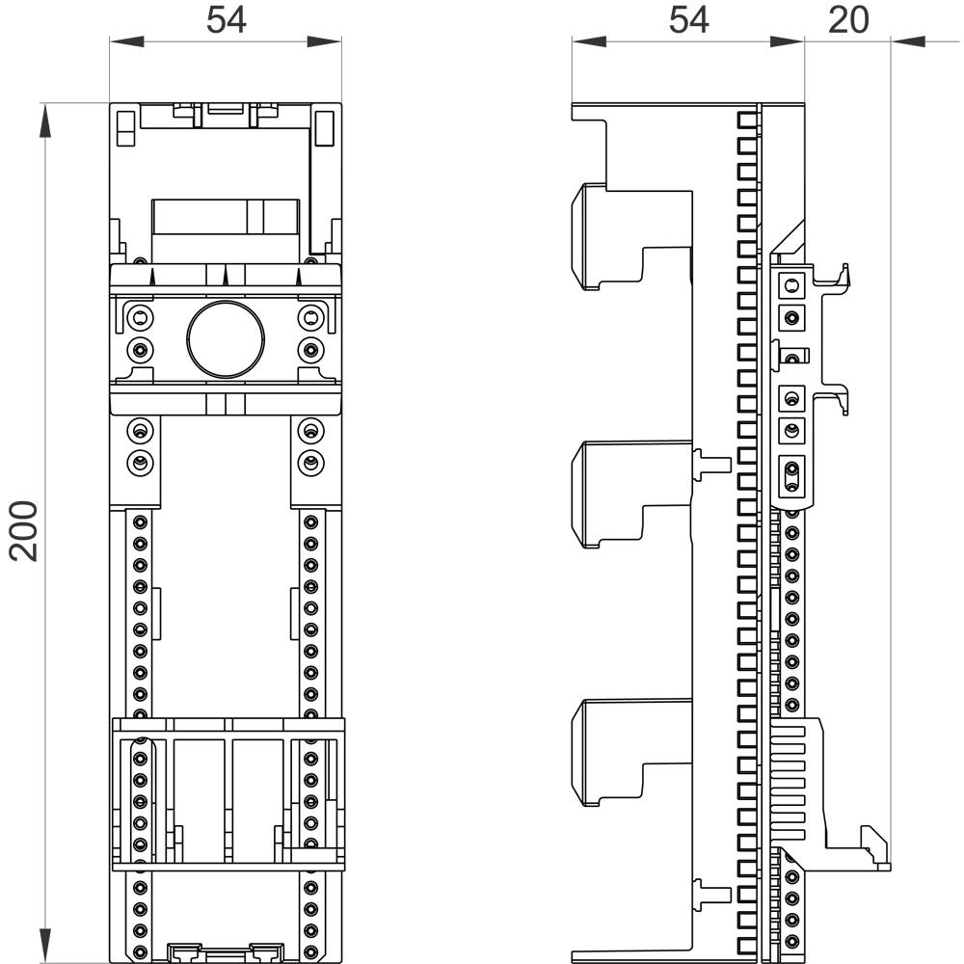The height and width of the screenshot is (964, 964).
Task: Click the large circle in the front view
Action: point(226,337)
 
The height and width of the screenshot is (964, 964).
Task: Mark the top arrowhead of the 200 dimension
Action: point(44,120)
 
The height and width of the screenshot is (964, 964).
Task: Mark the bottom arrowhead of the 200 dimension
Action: point(44,945)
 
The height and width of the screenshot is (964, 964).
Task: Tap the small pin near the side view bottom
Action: point(711,892)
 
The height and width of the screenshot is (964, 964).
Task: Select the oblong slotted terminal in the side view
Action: point(791,472)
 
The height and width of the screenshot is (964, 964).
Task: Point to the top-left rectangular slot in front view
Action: point(125,127)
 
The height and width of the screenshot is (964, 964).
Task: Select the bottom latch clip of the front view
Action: point(226,951)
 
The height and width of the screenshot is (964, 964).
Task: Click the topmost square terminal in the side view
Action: point(791,284)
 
